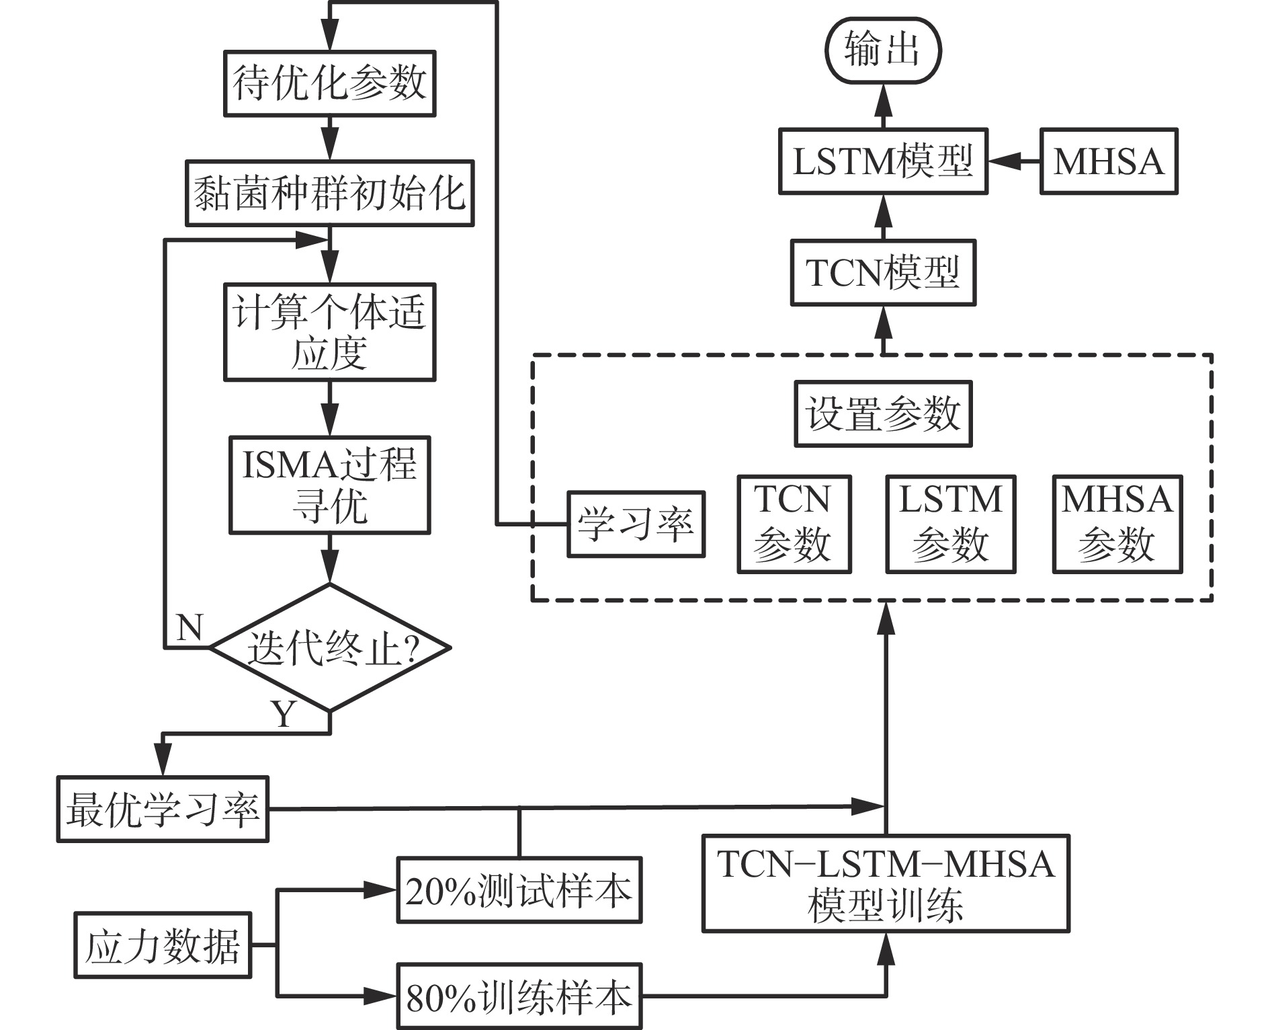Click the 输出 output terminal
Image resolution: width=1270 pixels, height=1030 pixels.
coord(882,51)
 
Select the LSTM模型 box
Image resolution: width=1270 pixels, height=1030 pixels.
coord(883,161)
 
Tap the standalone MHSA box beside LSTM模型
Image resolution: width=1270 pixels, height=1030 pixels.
coord(1109,161)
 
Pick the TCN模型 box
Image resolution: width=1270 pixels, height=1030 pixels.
coord(883,272)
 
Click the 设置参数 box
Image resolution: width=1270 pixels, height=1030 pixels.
coord(883,414)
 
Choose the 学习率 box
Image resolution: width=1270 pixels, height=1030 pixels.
coord(636,524)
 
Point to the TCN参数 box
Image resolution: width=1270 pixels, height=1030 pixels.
coord(794,524)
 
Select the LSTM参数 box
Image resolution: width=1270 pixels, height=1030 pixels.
coord(950,524)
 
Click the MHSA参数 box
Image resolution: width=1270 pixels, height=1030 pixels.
coord(1117,524)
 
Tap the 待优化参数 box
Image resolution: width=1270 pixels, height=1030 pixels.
coord(329,83)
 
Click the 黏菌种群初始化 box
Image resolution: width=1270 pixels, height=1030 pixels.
coord(329,193)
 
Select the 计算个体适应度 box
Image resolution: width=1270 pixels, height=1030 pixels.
coord(329,332)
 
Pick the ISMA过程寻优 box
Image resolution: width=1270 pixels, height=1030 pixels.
coord(329,485)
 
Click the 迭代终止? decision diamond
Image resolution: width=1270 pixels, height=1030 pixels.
coord(329,647)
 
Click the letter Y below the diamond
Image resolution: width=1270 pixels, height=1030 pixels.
coord(284,714)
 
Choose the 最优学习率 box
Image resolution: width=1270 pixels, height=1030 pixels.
coord(163,809)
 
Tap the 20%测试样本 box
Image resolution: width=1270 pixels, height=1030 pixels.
coord(519,889)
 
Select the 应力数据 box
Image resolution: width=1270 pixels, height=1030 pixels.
coord(162,945)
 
